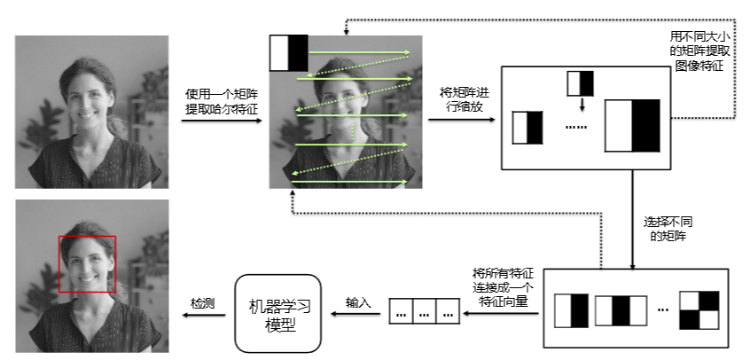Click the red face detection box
pos(87,263)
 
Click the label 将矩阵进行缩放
pos(464,99)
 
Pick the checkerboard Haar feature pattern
pos(697,311)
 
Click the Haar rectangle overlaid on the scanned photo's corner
pos(288,53)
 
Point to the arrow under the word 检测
pos(202,314)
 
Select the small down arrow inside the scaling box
pos(581,104)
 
